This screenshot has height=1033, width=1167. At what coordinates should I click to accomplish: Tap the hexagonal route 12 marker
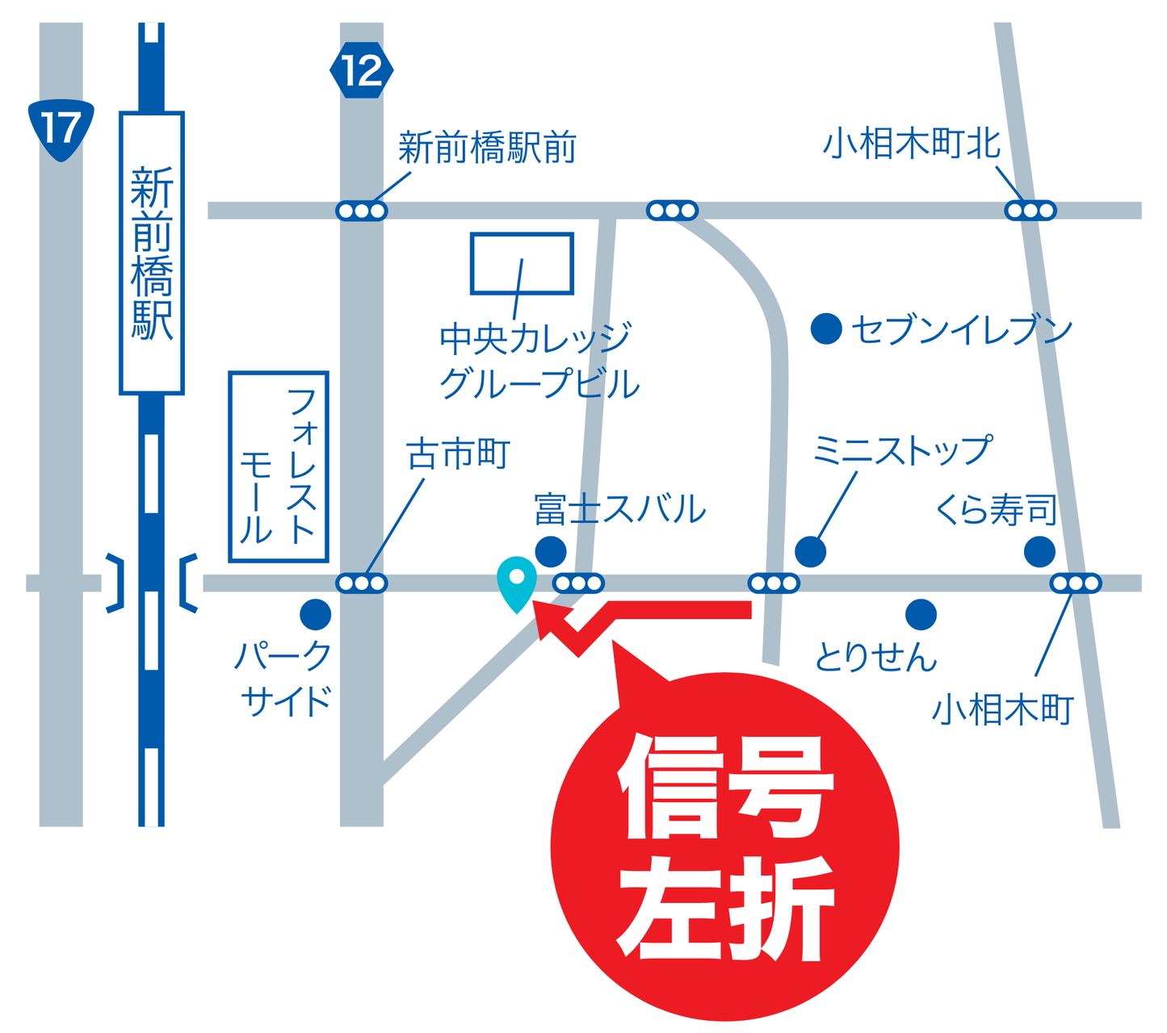coord(361,71)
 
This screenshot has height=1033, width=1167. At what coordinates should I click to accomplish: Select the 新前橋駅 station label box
coord(152,253)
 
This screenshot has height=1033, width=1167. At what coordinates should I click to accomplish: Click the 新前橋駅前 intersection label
coord(487,148)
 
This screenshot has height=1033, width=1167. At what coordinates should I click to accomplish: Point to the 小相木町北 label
coord(912,145)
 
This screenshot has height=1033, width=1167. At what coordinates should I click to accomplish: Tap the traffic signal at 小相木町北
coord(1030,211)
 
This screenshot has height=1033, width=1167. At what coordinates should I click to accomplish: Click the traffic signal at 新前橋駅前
coord(361,211)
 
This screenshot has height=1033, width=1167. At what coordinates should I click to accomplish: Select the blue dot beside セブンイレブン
coord(826,329)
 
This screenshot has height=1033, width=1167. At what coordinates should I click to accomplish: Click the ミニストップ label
coord(901,450)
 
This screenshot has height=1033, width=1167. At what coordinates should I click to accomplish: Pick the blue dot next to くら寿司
coord(1039,553)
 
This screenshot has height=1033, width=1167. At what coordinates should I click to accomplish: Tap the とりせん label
coord(875,657)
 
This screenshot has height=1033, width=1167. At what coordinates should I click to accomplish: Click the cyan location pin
coord(517,581)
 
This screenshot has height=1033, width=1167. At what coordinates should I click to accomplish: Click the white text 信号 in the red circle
coord(724,787)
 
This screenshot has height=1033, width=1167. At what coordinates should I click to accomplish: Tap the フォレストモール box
coord(279,466)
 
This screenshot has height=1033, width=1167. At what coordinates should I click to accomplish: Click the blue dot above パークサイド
coord(315,615)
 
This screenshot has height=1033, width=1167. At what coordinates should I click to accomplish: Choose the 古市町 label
coord(458,455)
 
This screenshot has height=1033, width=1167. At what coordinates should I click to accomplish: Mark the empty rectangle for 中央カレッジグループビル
coord(522,263)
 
